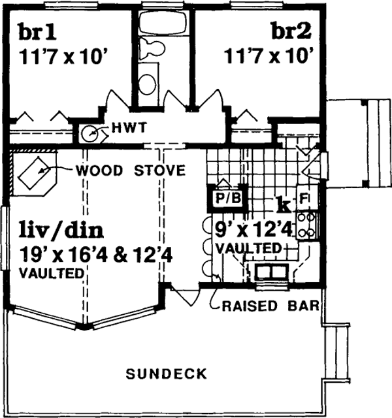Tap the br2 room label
(x=287, y=32)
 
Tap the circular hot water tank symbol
(x=90, y=134)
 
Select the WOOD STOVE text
(x=130, y=171)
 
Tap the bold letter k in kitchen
(x=283, y=204)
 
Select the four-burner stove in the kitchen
(x=306, y=224)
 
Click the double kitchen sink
(x=268, y=270)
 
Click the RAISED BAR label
(x=269, y=305)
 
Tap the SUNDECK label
(x=167, y=374)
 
